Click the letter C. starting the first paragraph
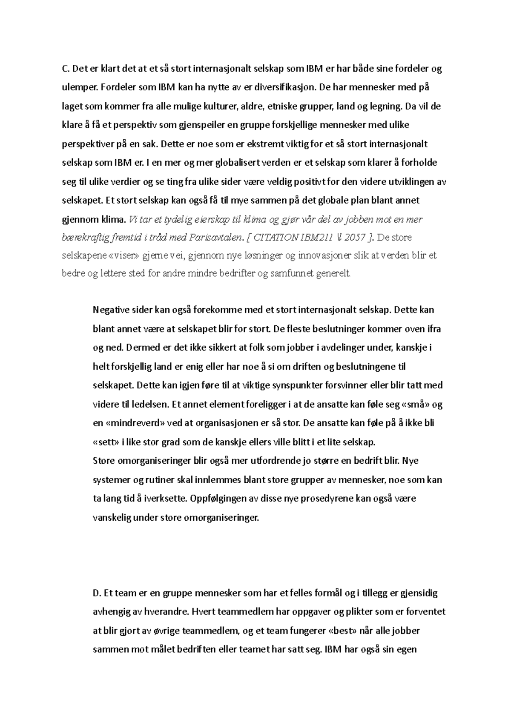click(65, 69)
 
